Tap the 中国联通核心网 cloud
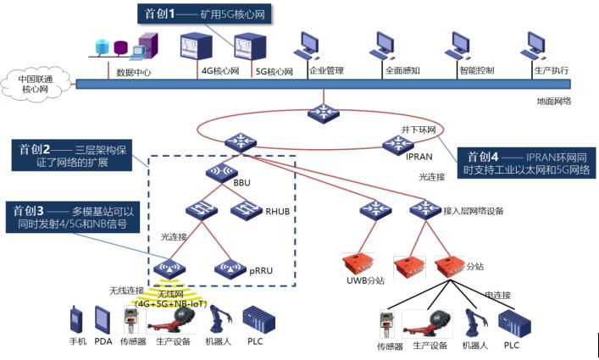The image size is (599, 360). (38, 84)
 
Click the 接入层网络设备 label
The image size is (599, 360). (474, 210)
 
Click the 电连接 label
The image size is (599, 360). (499, 294)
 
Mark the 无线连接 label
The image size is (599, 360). (125, 291)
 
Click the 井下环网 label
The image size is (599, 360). (419, 130)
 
